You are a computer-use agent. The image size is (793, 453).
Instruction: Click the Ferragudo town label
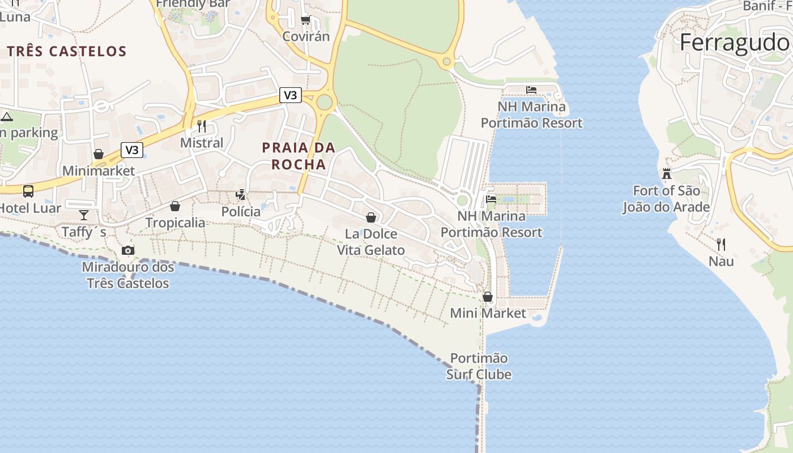tap(735, 42)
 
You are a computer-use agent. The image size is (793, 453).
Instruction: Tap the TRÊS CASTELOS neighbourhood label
tap(67, 52)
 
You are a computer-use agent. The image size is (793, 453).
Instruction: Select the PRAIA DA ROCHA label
tap(299, 156)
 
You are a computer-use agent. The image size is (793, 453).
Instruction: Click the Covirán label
tap(306, 36)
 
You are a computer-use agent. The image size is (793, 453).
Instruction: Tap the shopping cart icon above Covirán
tap(305, 20)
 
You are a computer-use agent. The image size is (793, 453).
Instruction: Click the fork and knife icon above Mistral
tap(202, 126)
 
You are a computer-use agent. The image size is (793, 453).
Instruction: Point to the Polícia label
tap(241, 212)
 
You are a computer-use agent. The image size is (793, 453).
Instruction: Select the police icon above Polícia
tap(241, 195)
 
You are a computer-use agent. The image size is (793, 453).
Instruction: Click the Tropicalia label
tap(175, 223)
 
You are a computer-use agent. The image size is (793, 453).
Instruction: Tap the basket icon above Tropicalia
tap(175, 206)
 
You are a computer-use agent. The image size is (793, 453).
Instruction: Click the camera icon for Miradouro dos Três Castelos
tap(128, 250)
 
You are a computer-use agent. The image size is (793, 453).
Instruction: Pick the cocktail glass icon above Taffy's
tap(84, 215)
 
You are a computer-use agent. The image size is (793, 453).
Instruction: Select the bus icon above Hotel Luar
tap(28, 191)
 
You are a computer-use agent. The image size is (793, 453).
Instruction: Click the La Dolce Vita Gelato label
tap(371, 242)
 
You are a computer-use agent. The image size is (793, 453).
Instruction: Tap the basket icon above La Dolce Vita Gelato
tap(371, 217)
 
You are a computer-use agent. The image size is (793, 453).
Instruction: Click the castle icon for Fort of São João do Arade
tap(666, 174)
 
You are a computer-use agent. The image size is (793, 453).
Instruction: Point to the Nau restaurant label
tap(721, 261)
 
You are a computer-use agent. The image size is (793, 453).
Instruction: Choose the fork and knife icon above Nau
tap(721, 245)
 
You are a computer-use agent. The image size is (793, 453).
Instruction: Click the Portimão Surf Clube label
tap(479, 366)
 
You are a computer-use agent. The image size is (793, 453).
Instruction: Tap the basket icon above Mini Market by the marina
tap(488, 297)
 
